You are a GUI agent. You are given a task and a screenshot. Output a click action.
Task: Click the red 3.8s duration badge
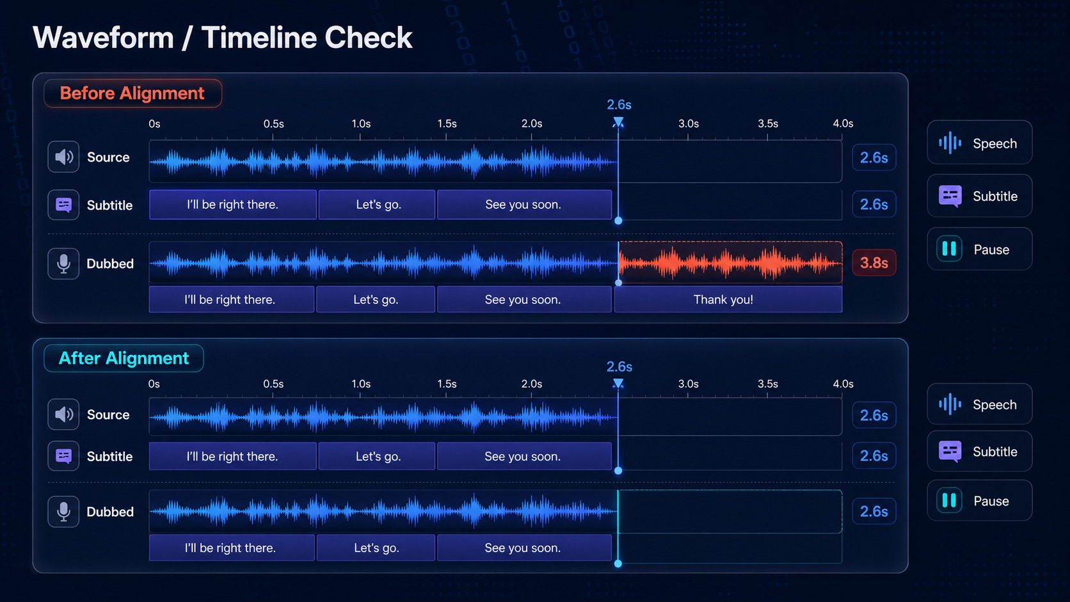pyautogui.click(x=874, y=262)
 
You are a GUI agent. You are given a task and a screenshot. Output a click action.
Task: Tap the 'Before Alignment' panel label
pyautogui.click(x=132, y=93)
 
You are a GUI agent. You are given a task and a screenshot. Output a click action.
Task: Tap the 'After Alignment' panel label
pyautogui.click(x=124, y=358)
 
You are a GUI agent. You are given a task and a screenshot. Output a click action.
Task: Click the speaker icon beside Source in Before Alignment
pyautogui.click(x=63, y=157)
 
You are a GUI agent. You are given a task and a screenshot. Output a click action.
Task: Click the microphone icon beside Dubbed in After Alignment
pyautogui.click(x=63, y=511)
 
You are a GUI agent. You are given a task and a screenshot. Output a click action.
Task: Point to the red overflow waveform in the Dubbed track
pyautogui.click(x=730, y=262)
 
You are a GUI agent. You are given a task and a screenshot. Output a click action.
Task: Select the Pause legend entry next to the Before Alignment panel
pyautogui.click(x=979, y=250)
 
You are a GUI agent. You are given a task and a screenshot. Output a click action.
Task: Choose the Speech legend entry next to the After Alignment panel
pyautogui.click(x=979, y=404)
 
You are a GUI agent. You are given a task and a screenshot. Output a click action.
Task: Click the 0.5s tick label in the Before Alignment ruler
pyautogui.click(x=274, y=123)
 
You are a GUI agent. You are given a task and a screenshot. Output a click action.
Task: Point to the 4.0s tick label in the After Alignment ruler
pyautogui.click(x=843, y=384)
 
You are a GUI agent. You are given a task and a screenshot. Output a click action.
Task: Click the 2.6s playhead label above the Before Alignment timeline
pyautogui.click(x=619, y=104)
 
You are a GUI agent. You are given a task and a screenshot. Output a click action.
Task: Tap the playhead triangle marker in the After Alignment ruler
pyautogui.click(x=618, y=383)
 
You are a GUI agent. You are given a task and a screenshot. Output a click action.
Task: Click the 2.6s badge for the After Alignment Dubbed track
pyautogui.click(x=874, y=511)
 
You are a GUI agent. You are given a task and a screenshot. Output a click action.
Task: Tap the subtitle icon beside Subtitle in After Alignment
pyautogui.click(x=63, y=456)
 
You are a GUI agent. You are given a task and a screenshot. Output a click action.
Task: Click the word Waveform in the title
pyautogui.click(x=103, y=37)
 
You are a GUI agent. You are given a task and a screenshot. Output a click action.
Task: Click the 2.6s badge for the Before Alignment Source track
pyautogui.click(x=874, y=157)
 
